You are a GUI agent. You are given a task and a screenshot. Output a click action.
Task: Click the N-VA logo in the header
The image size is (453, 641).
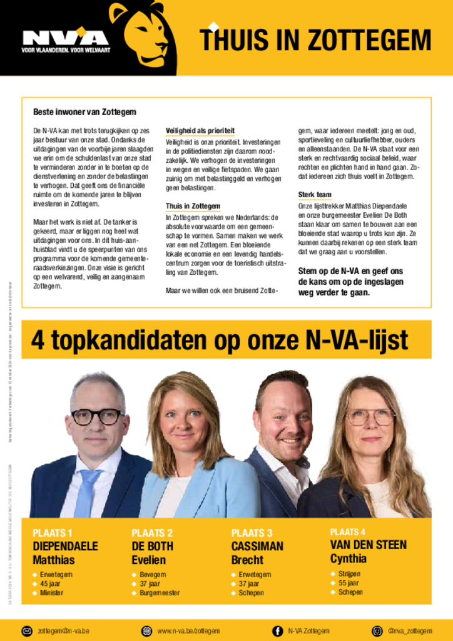pyautogui.click(x=64, y=39)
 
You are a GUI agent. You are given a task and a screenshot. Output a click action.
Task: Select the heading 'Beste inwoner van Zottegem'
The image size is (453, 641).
pyautogui.click(x=84, y=112)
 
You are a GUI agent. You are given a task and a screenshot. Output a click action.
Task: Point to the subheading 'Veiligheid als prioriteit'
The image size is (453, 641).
pyautogui.click(x=200, y=130)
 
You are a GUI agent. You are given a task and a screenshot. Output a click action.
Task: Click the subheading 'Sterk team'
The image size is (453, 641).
pyautogui.click(x=315, y=195)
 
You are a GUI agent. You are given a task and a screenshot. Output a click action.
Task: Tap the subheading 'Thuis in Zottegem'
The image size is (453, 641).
pyautogui.click(x=193, y=206)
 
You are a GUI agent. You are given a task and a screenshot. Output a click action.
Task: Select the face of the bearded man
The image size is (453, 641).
pyautogui.click(x=285, y=420)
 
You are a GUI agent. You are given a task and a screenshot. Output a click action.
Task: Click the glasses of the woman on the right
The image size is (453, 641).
pyautogui.click(x=370, y=416)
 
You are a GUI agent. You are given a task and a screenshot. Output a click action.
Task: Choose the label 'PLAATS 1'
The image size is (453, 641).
pyautogui.click(x=53, y=533)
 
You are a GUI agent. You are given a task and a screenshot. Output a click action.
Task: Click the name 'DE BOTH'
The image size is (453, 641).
pyautogui.click(x=152, y=546)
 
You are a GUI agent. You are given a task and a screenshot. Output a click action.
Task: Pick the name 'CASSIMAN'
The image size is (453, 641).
pyautogui.click(x=257, y=546)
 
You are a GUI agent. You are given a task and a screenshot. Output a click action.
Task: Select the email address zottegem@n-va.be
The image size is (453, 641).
pyautogui.click(x=63, y=630)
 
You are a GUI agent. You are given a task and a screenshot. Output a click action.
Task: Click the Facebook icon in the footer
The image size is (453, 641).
pyautogui.click(x=277, y=630)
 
